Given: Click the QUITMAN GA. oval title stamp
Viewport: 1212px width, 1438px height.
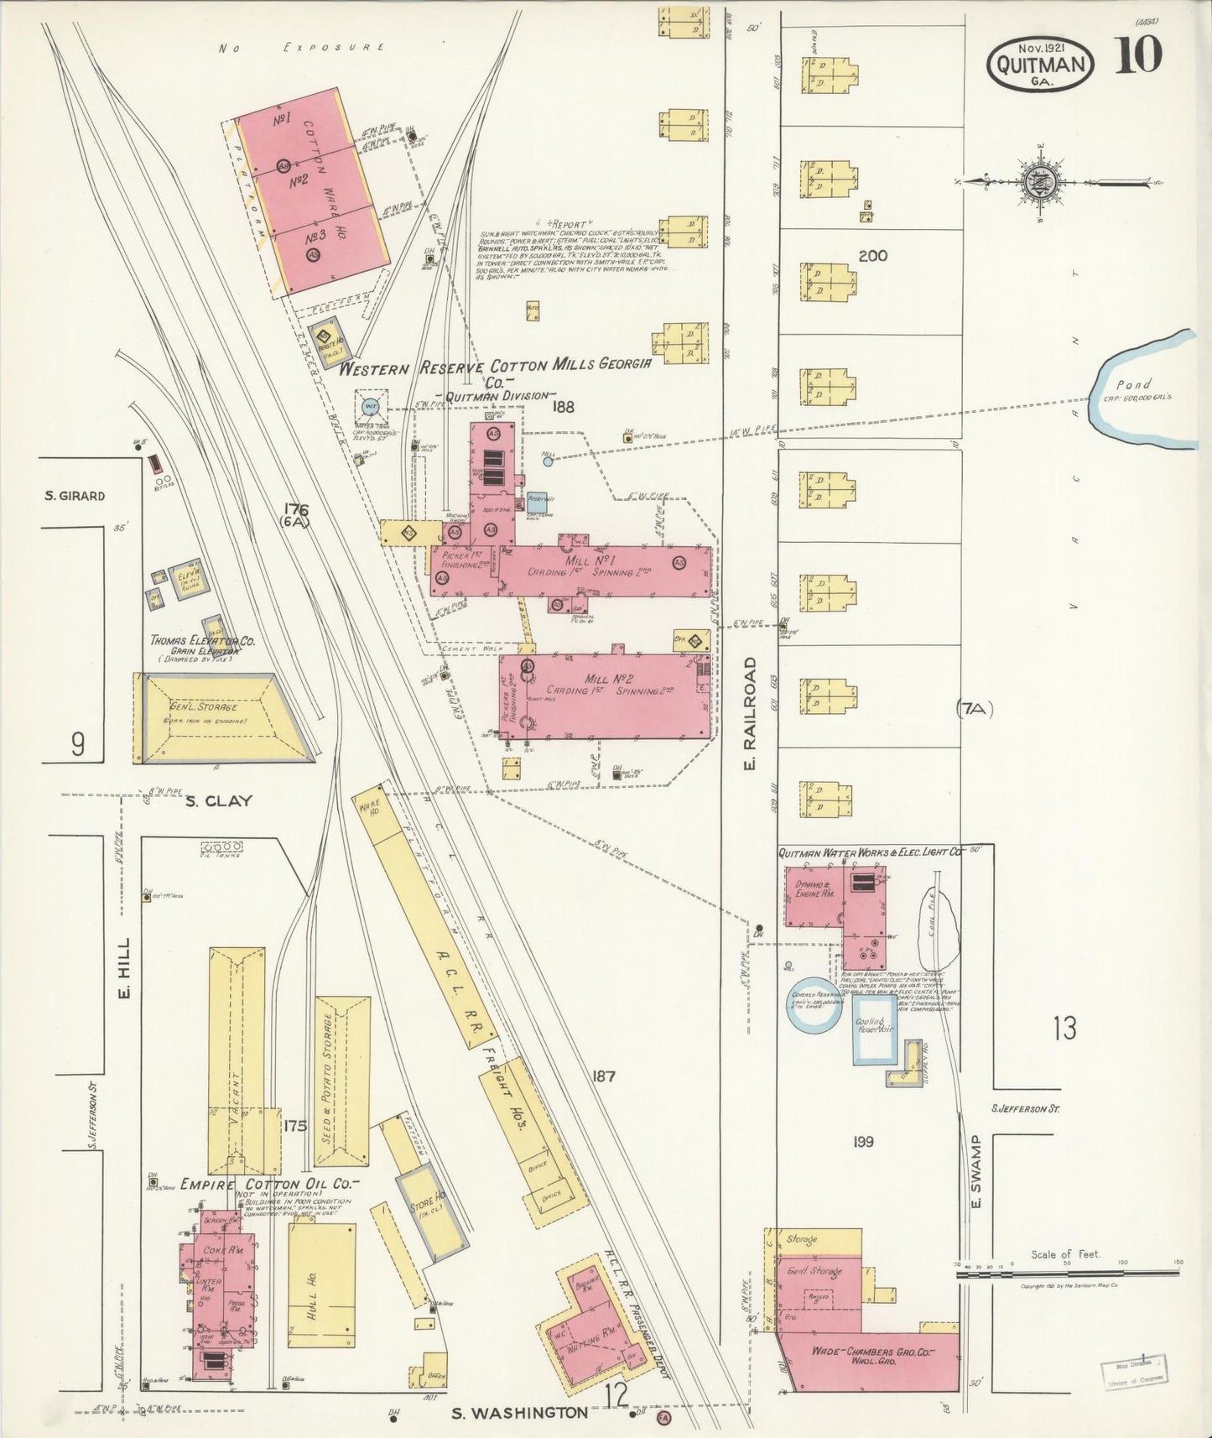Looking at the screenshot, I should coord(1041,65).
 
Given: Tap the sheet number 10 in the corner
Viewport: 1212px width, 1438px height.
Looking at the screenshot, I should coord(1137,56).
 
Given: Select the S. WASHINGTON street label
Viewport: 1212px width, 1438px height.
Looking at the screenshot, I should coord(519,1413).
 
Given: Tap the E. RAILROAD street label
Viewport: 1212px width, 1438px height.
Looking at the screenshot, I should coord(750,713).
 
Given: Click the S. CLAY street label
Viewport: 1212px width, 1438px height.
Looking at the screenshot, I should coord(218,800).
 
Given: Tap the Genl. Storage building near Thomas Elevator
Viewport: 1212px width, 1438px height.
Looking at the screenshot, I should coord(223,718).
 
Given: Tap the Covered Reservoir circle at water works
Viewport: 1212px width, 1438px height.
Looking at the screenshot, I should coord(813,1004).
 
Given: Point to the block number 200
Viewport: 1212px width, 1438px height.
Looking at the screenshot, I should coord(872,256).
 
